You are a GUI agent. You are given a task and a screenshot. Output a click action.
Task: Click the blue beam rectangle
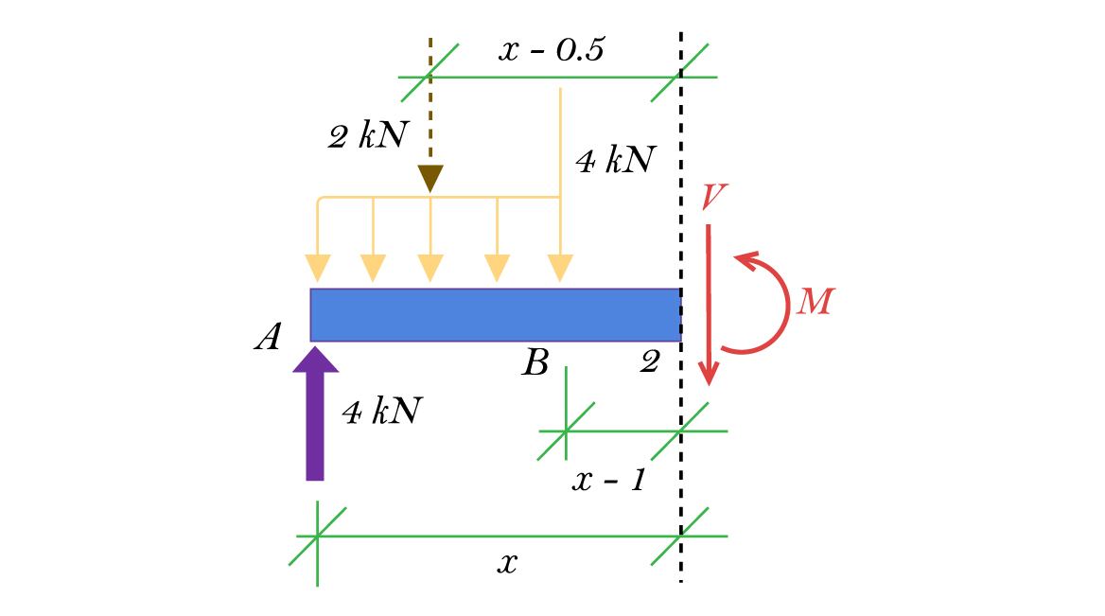click(x=495, y=314)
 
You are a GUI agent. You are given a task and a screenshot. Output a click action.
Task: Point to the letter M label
click(x=816, y=302)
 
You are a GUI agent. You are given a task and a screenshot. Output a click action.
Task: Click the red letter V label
click(x=713, y=197)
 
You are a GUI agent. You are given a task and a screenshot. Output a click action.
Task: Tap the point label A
click(x=268, y=338)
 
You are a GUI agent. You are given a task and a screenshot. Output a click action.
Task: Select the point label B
click(x=535, y=361)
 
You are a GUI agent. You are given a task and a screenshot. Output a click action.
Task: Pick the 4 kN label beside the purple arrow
click(x=381, y=412)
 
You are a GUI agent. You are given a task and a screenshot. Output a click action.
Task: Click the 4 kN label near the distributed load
click(x=615, y=162)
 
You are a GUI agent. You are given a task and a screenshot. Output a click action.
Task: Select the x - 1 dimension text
click(x=608, y=481)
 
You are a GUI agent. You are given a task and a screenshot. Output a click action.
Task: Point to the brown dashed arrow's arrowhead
click(x=430, y=178)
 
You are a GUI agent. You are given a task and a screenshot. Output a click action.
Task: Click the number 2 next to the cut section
click(x=649, y=361)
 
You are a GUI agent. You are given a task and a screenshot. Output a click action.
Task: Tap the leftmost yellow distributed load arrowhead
click(x=319, y=268)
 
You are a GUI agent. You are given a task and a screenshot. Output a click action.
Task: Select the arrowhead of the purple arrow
click(x=315, y=359)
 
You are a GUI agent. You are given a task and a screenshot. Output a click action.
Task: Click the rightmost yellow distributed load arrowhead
click(x=561, y=268)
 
